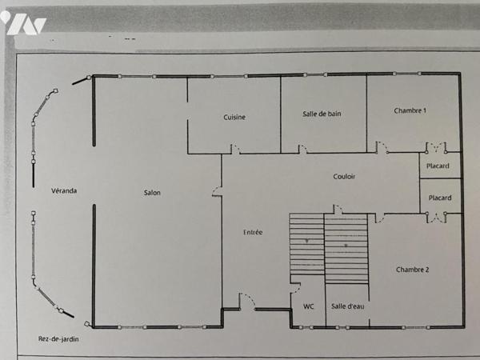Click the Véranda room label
click(x=64, y=190)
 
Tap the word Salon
click(x=152, y=193)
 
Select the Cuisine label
click(x=234, y=117)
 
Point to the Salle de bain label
click(x=322, y=114)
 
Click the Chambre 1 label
click(x=410, y=110)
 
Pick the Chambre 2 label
click(x=412, y=270)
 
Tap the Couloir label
click(x=344, y=176)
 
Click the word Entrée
click(x=253, y=232)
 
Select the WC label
click(x=309, y=306)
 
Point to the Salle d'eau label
click(x=348, y=306)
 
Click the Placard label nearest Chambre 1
click(x=438, y=166)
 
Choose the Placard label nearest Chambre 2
click(x=440, y=198)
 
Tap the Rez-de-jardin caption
click(x=58, y=339)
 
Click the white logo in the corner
click(x=23, y=23)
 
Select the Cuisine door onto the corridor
click(x=236, y=149)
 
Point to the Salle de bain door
click(x=303, y=149)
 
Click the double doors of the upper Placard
click(x=436, y=147)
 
